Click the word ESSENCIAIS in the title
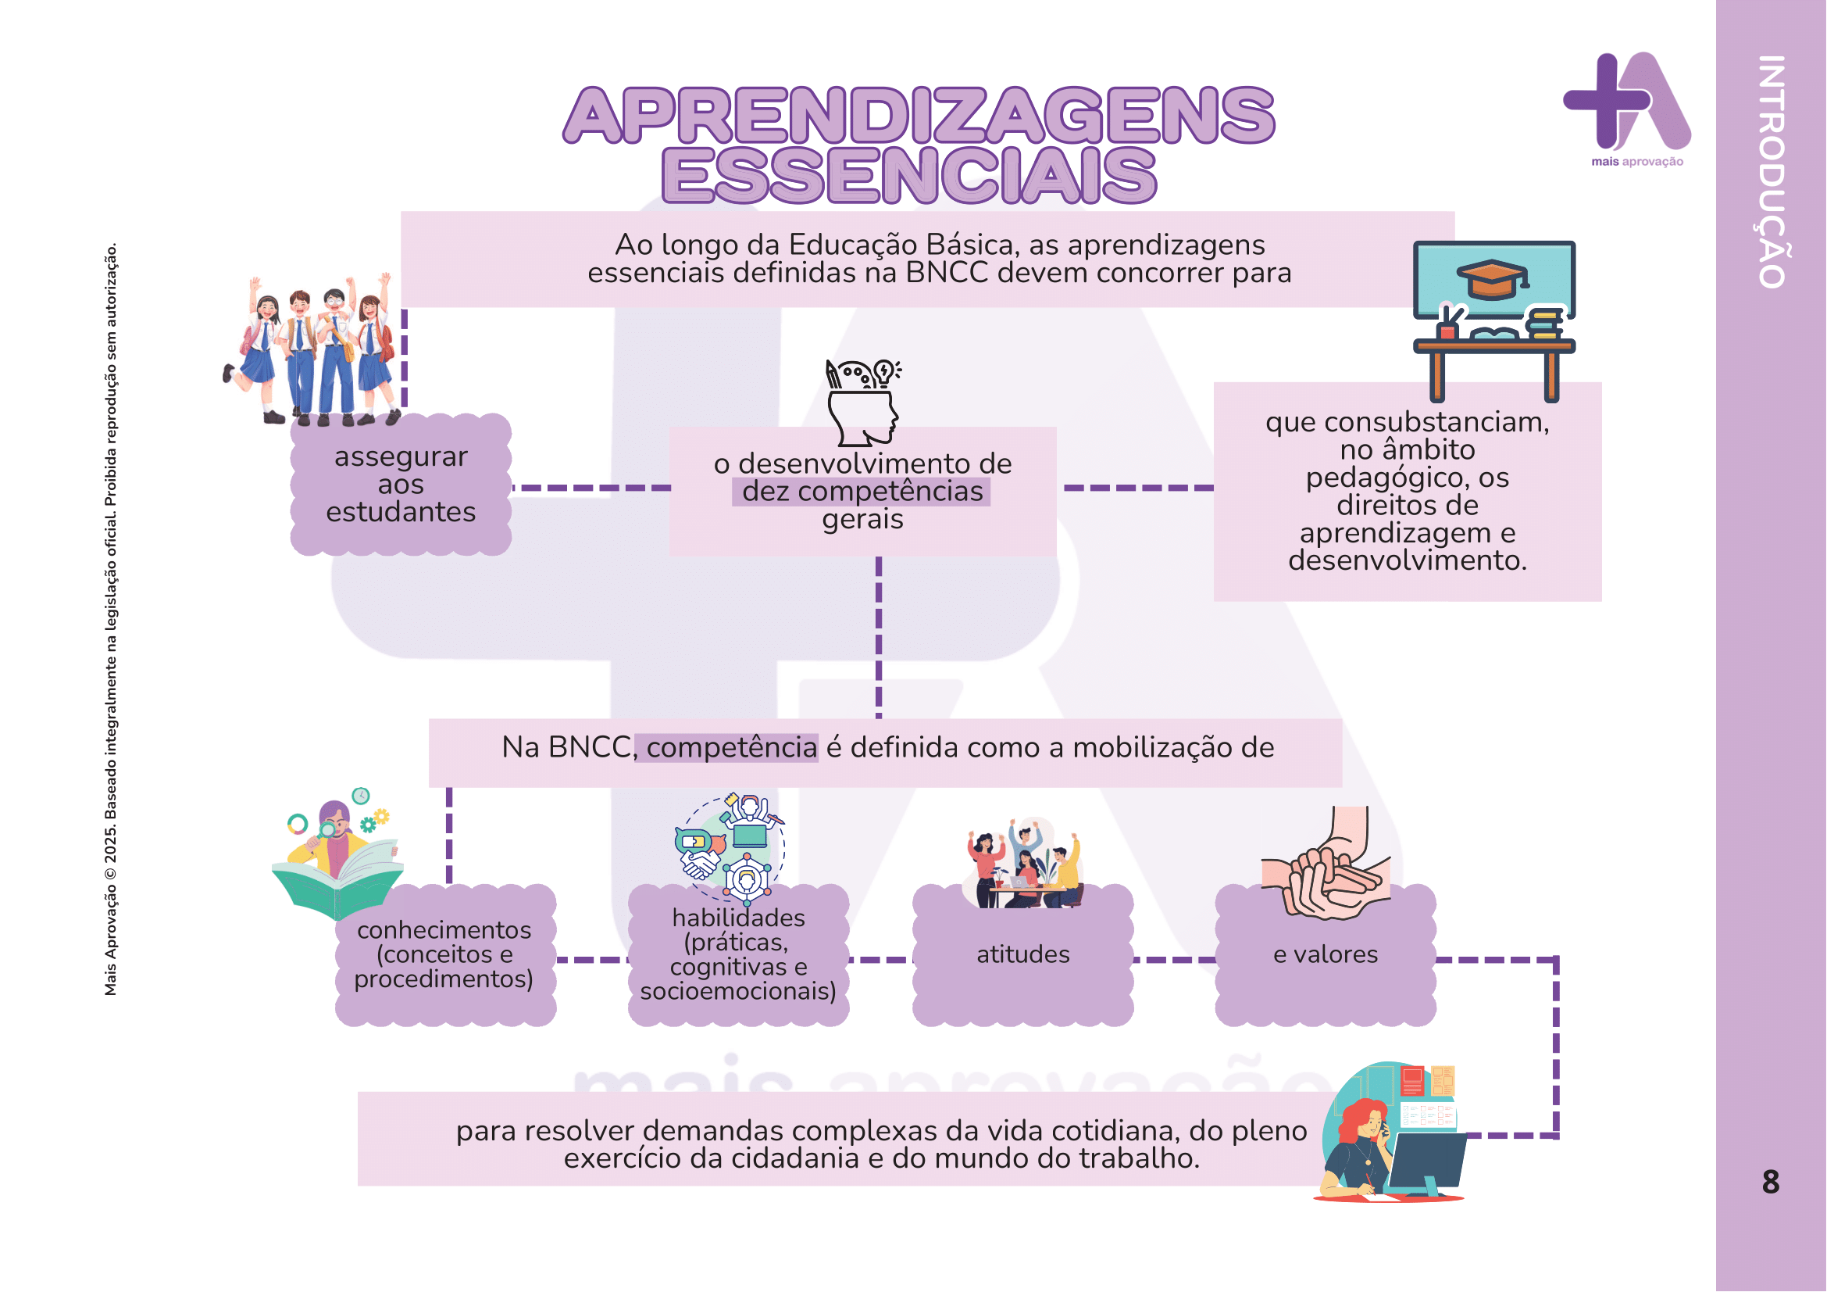point(908,175)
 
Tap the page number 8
point(1770,1182)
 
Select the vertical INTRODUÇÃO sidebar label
point(1772,171)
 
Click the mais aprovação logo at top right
point(1628,107)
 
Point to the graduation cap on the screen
point(1493,278)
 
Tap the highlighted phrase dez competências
point(862,492)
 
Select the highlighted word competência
point(730,748)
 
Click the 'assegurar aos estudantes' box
point(400,485)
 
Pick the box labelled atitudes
point(1022,955)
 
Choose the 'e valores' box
point(1325,955)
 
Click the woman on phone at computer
point(1389,1134)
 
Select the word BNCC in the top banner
point(947,273)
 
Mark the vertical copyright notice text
point(112,619)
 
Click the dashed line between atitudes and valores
point(1174,960)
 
